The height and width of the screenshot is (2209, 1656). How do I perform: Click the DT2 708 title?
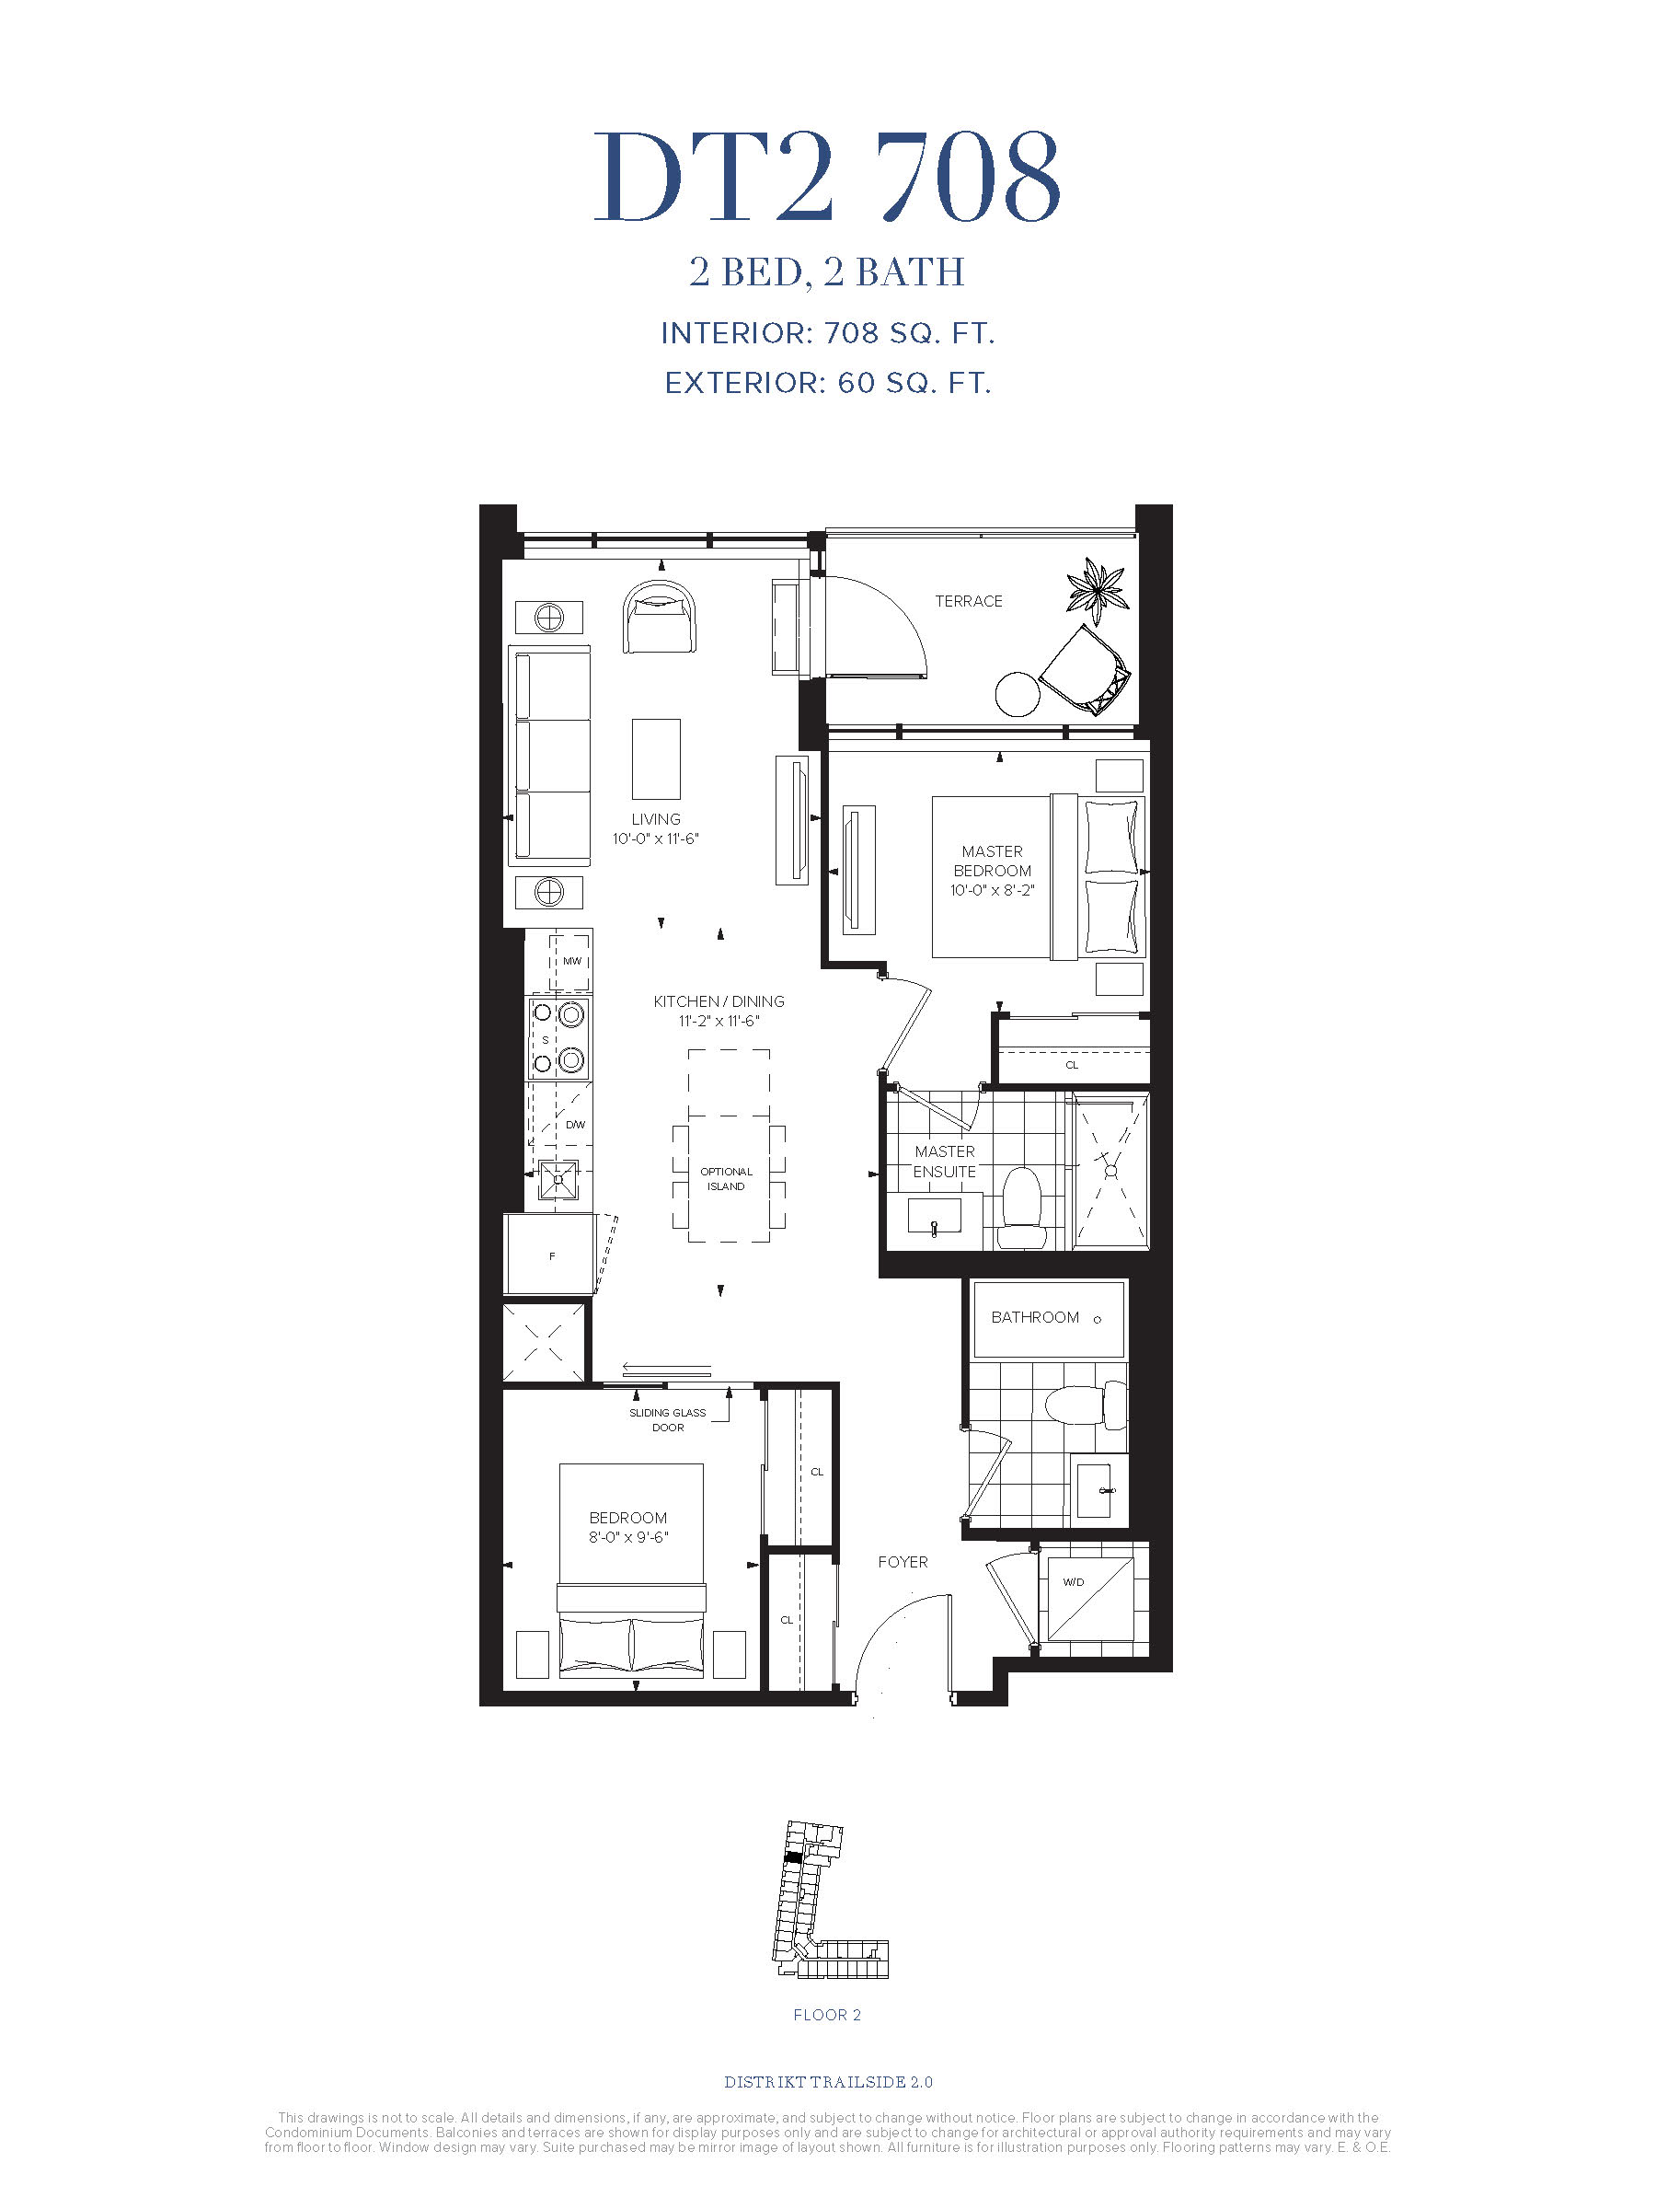click(827, 177)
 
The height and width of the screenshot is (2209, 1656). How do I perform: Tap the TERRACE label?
click(968, 601)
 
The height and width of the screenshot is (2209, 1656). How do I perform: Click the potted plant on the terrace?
click(1096, 586)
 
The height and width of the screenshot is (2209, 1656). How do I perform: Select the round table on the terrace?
click(1018, 694)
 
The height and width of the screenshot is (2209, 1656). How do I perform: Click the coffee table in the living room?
click(656, 758)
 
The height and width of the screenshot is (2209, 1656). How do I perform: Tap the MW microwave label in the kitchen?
click(572, 961)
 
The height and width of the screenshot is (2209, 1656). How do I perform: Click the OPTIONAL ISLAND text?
click(726, 1178)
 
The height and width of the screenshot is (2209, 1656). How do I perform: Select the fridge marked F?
click(550, 1255)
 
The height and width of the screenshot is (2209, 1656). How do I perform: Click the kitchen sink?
click(558, 1182)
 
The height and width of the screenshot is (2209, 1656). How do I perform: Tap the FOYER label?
click(903, 1562)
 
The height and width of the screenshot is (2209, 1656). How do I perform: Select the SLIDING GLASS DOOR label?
click(667, 1420)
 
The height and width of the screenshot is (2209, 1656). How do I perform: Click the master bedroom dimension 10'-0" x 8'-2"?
click(991, 890)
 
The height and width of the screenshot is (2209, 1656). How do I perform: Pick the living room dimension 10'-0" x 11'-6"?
click(656, 838)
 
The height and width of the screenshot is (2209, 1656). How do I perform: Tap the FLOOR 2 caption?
click(827, 2014)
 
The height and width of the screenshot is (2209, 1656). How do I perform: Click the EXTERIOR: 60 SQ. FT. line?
click(827, 384)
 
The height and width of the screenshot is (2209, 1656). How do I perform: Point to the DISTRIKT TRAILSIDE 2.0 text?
click(829, 2075)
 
